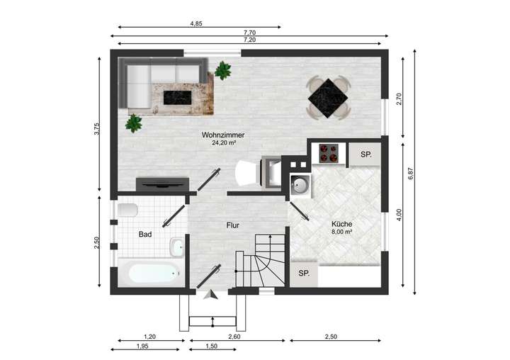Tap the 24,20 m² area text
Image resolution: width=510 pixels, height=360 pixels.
(x=223, y=142)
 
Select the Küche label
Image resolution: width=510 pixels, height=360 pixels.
(x=342, y=223)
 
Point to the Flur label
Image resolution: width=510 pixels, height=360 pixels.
(x=232, y=225)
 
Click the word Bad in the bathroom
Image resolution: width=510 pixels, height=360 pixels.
(x=144, y=235)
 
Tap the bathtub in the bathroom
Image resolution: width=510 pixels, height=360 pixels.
(x=149, y=272)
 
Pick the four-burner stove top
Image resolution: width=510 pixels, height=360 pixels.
(x=328, y=153)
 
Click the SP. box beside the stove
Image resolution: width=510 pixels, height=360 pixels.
(x=365, y=154)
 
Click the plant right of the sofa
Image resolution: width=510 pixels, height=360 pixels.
(x=224, y=70)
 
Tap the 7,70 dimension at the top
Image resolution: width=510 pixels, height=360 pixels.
(x=249, y=33)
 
